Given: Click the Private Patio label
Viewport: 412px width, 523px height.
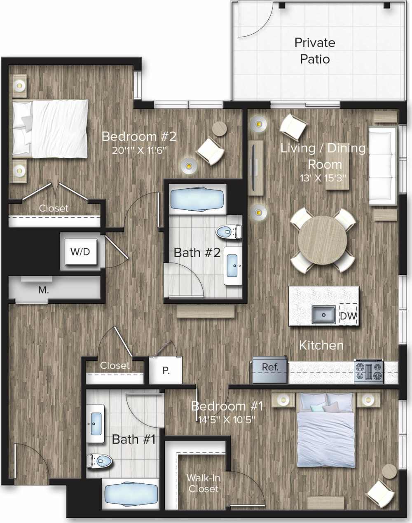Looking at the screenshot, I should click(315, 51).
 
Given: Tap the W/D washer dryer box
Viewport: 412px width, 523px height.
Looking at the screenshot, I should click(80, 251).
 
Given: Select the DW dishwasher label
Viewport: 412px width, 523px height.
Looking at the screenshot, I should click(348, 316).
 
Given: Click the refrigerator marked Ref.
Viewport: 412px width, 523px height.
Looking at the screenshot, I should click(270, 369).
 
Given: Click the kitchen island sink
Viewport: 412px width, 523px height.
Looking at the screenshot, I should click(323, 315).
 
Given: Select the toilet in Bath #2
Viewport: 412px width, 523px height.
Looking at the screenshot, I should click(229, 232).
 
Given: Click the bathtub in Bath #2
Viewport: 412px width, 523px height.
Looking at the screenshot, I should click(198, 199).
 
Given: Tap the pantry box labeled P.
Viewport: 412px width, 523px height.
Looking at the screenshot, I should click(166, 370).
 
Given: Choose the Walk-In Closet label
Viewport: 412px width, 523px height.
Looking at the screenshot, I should click(203, 483).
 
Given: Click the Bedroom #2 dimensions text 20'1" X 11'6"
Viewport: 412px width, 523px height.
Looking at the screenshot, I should click(139, 150).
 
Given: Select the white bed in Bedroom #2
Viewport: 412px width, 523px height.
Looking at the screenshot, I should click(50, 128).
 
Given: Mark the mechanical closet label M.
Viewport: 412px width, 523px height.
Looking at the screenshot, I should click(44, 290).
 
